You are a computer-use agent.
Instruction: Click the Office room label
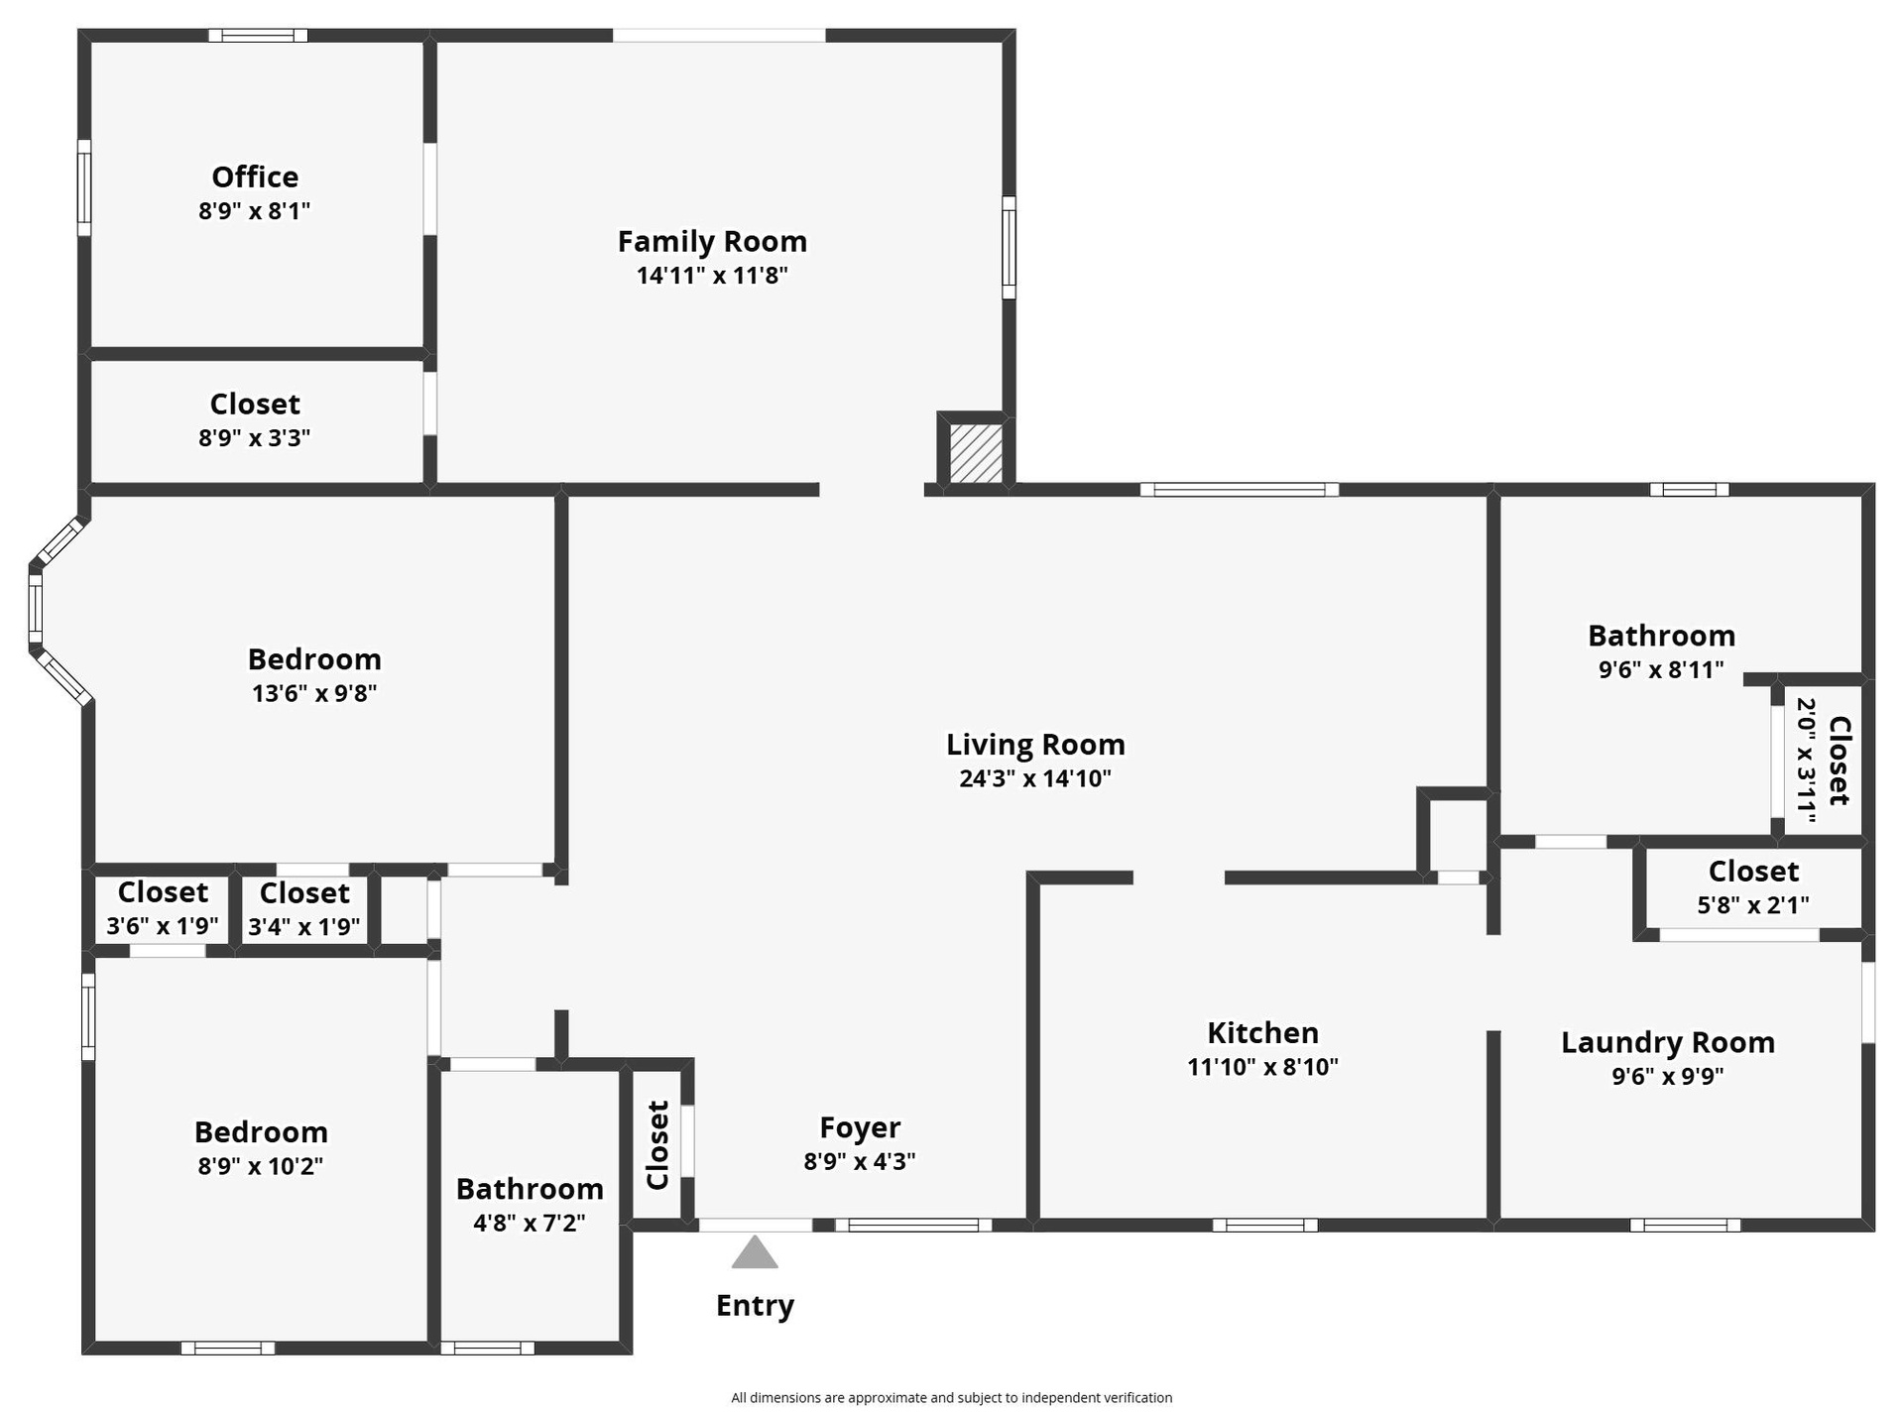[x=255, y=176]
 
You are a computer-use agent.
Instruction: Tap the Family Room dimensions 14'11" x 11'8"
[x=712, y=276]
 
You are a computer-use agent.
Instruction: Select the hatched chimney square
[x=976, y=453]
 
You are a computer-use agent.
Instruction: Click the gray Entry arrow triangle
[x=755, y=1251]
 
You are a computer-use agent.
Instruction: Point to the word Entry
[x=755, y=1306]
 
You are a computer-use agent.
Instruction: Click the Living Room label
[x=1035, y=745]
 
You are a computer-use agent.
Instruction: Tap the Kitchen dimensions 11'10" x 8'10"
[x=1262, y=1067]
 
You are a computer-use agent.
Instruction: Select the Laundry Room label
[x=1668, y=1042]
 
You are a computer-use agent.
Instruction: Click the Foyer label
[x=860, y=1127]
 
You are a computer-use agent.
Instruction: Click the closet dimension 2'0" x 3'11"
[x=1806, y=761]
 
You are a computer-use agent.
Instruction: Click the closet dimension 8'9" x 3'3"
[x=255, y=438]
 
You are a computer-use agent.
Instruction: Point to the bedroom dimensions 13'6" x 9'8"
[x=314, y=693]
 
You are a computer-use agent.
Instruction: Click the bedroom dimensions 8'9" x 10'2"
[x=260, y=1166]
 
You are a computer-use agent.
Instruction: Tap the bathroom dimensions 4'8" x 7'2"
[x=530, y=1224]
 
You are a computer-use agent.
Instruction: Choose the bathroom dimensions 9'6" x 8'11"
[x=1661, y=670]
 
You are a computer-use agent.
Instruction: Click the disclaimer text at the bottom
[x=952, y=1398]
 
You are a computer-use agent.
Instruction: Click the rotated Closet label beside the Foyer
[x=657, y=1145]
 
